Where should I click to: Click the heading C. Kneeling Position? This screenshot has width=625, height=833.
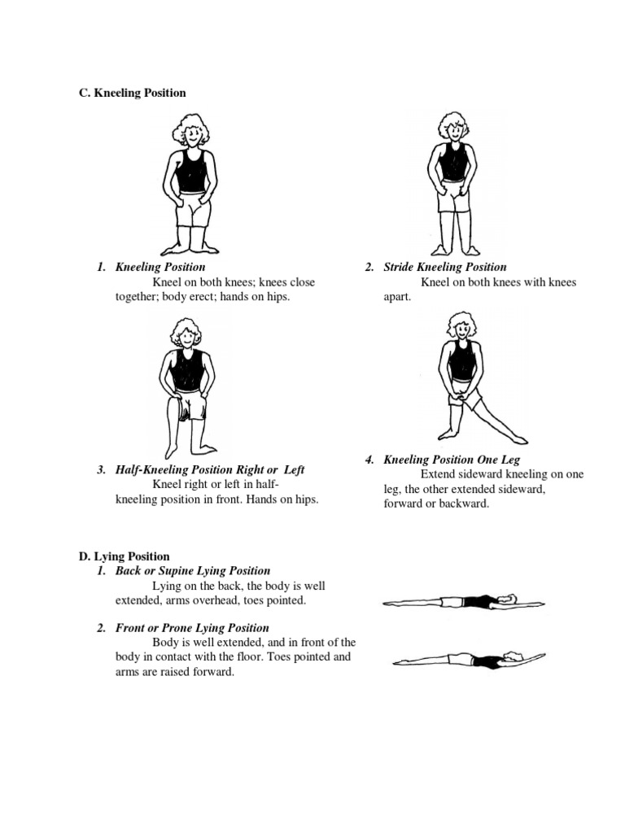tap(132, 93)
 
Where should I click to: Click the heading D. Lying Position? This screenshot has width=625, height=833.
tap(124, 556)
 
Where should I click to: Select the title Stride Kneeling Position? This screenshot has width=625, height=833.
tap(445, 267)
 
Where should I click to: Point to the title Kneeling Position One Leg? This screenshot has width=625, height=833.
tap(452, 460)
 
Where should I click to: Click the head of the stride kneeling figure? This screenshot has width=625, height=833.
tap(452, 129)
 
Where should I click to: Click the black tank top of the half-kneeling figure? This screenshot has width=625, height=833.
tap(186, 371)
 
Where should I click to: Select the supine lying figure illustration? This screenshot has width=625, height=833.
tap(464, 603)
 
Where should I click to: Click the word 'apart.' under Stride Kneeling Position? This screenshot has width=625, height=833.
tap(398, 298)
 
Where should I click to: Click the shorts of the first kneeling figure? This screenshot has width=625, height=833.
tap(194, 210)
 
